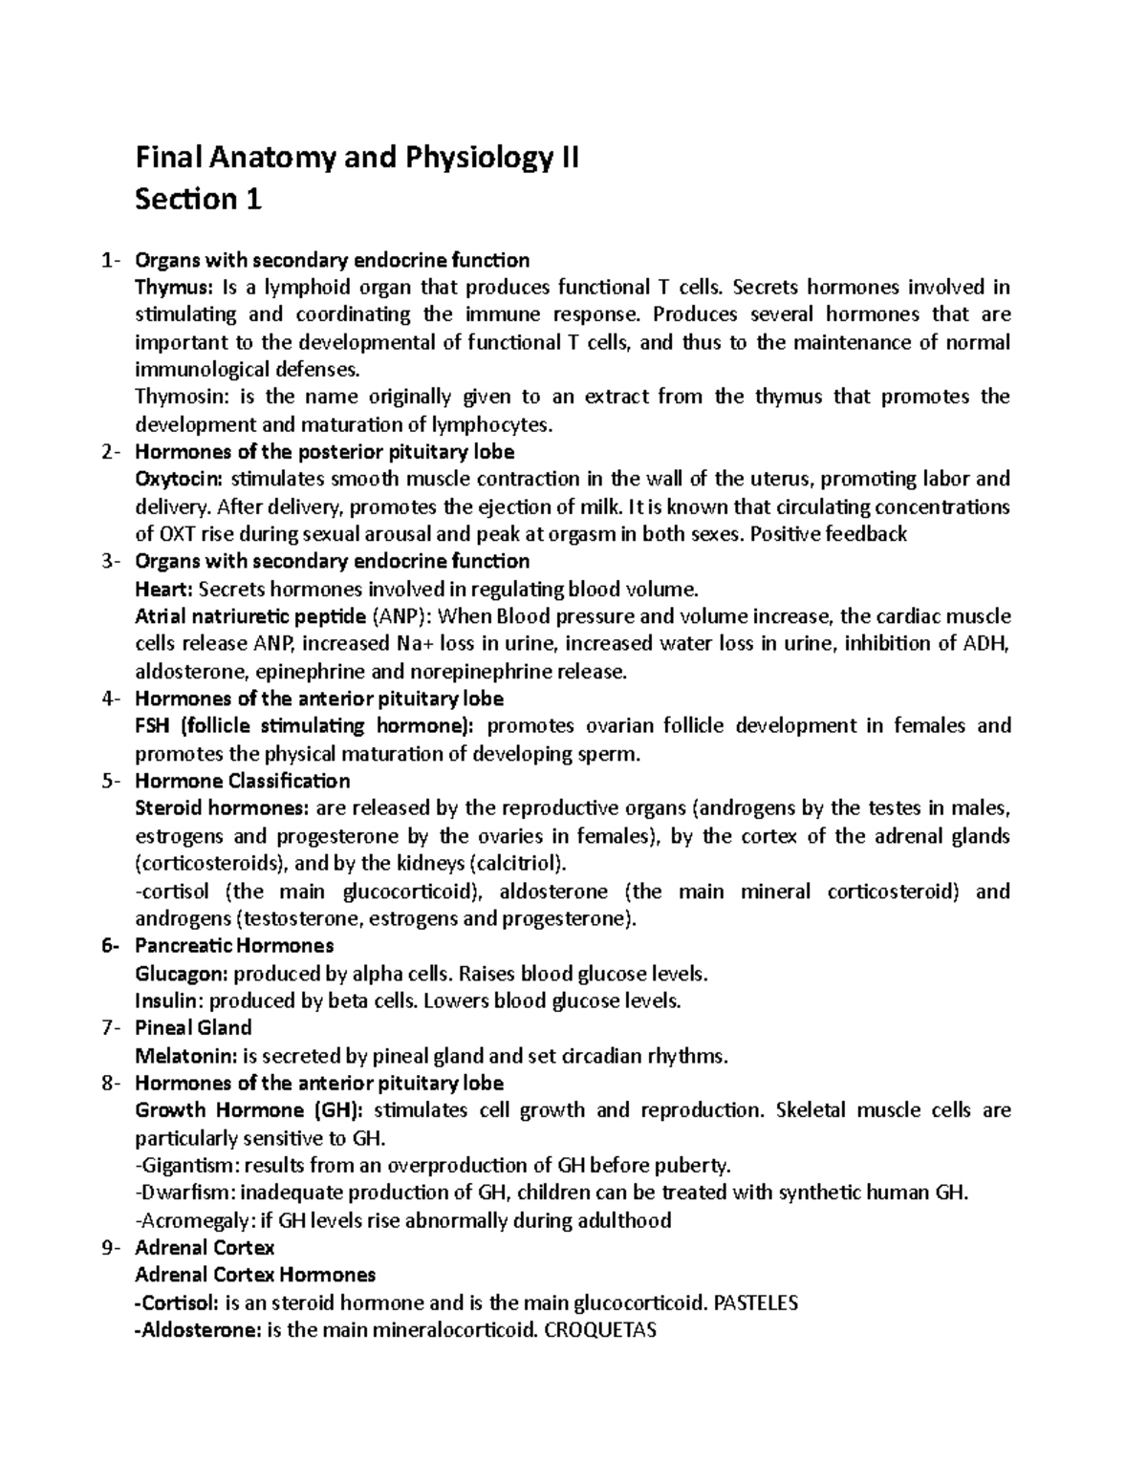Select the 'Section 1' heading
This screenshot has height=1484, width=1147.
[198, 199]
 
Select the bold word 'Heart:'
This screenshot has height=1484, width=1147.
[163, 589]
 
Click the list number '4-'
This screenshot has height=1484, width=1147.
[111, 699]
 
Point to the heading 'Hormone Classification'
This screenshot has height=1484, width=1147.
[243, 781]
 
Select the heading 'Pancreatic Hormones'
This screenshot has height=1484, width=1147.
[234, 946]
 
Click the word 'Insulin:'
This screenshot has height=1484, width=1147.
[169, 1001]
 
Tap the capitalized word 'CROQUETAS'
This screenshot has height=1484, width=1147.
[599, 1330]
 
